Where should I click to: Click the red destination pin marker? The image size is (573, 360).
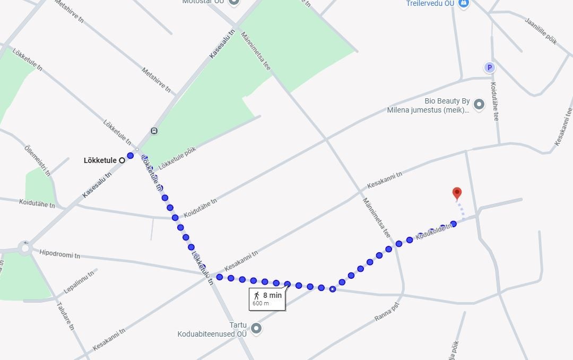(457, 193)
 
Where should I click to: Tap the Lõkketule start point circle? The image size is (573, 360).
(122, 160)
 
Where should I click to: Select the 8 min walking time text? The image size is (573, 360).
(272, 295)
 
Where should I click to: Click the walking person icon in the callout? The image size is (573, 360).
(257, 295)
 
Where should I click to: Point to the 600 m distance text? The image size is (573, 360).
(261, 304)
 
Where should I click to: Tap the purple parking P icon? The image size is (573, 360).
(490, 67)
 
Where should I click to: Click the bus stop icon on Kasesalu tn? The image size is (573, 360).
(154, 131)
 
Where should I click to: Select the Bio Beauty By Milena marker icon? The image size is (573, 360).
(479, 104)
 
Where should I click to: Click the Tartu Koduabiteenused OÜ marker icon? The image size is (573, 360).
(256, 329)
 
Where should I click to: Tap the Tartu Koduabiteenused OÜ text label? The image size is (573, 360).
(212, 330)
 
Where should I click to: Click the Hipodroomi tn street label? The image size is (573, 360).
(60, 254)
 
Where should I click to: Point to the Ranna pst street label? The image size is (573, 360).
(386, 311)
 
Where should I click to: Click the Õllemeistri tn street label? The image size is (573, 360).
(37, 160)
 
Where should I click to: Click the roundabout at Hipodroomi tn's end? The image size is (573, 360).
(24, 247)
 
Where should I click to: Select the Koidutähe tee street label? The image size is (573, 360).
(494, 101)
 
